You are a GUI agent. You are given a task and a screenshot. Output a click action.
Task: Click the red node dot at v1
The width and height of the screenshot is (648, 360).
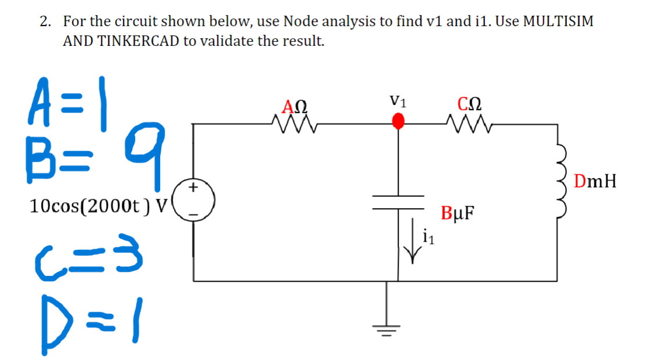click(x=397, y=122)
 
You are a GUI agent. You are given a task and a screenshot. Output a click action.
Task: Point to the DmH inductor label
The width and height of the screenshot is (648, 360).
click(x=595, y=182)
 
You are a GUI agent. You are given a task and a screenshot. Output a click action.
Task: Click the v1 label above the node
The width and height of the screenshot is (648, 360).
click(x=398, y=102)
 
